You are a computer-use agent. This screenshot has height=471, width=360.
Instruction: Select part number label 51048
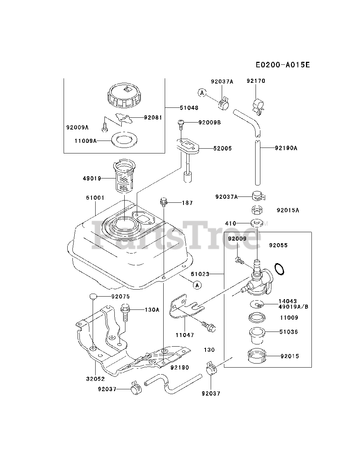click(x=189, y=108)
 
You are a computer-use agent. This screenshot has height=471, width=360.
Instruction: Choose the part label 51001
click(x=95, y=198)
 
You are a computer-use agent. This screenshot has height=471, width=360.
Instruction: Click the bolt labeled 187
click(x=163, y=202)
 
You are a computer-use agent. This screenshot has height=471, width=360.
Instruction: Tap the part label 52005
click(x=223, y=148)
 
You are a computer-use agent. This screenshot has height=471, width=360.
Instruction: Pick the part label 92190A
click(x=286, y=148)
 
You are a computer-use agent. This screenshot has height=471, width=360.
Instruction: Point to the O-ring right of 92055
click(x=280, y=269)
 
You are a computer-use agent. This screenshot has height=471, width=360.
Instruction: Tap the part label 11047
click(x=185, y=335)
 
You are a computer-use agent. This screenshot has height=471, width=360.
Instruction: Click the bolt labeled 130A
click(x=125, y=312)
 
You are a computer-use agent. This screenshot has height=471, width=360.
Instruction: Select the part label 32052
click(x=96, y=379)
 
